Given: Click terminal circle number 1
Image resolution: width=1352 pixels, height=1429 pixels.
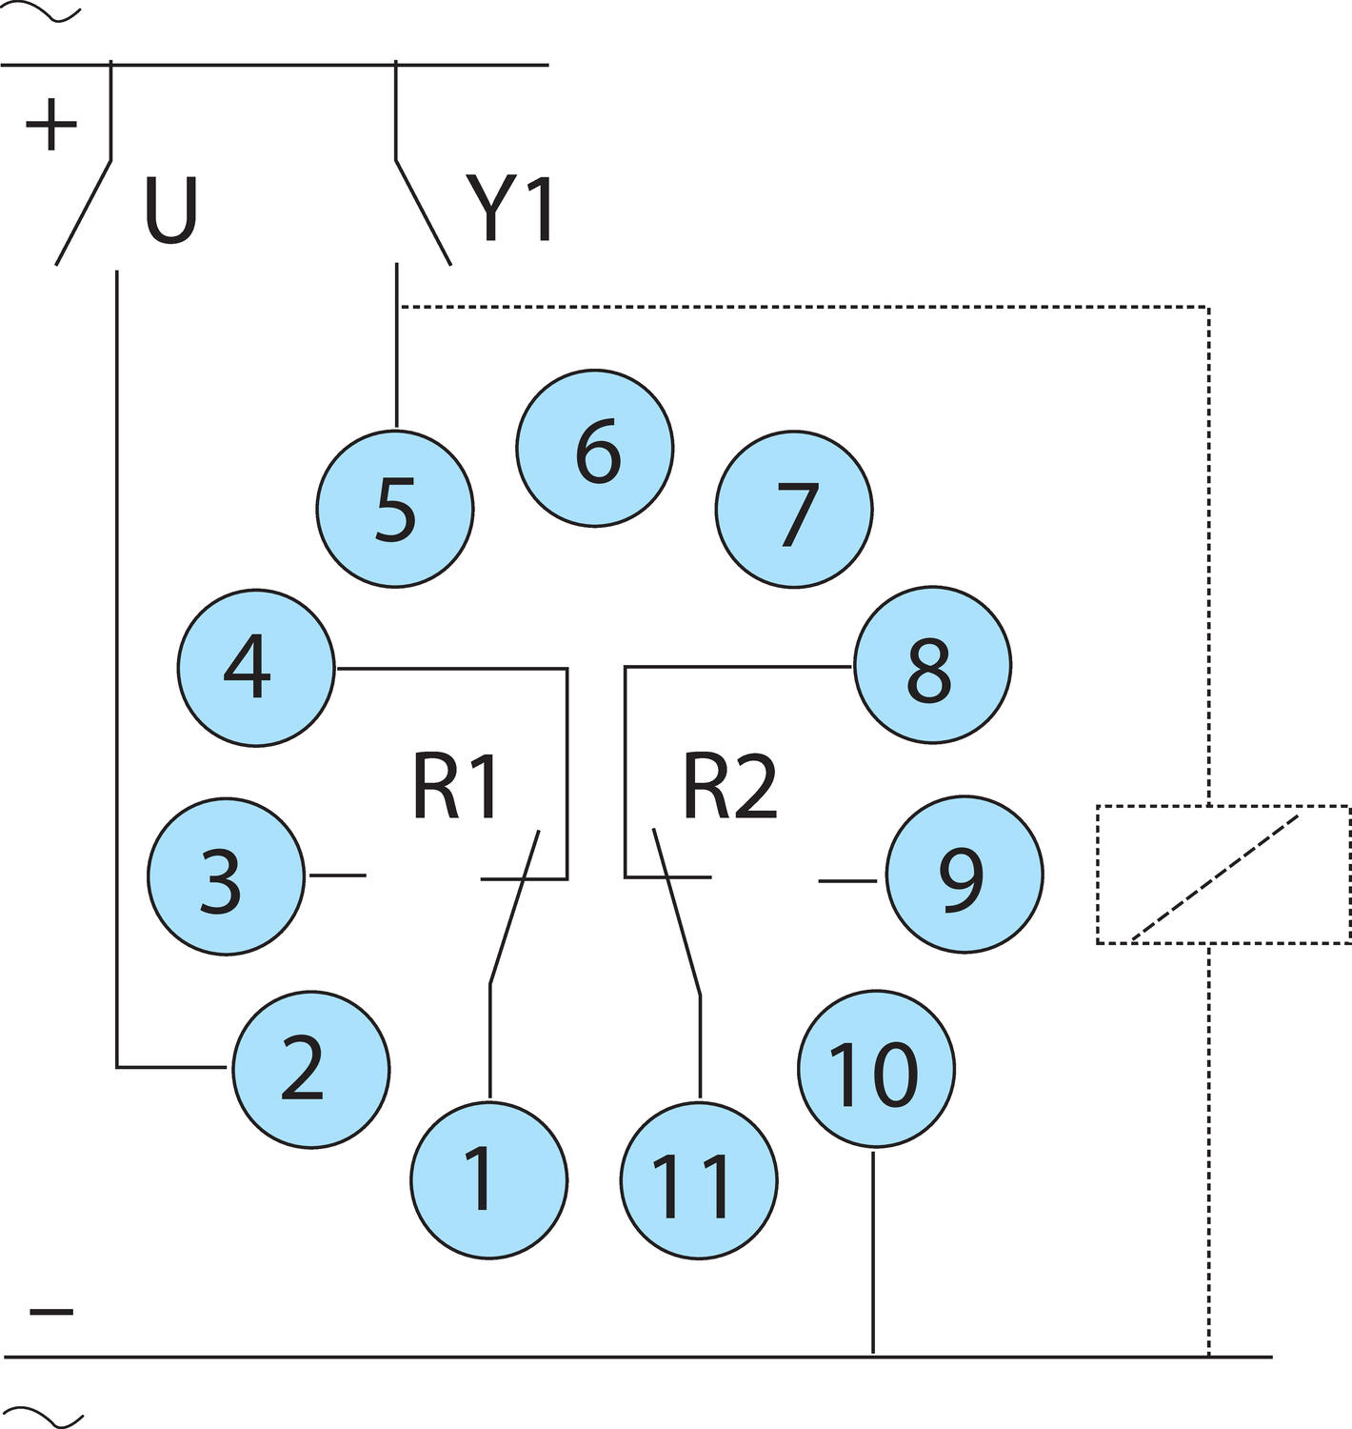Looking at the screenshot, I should click(x=488, y=1179).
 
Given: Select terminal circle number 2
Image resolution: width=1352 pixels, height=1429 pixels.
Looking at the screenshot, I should click(x=311, y=1069).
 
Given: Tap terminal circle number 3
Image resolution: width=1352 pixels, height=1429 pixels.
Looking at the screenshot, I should click(x=226, y=876).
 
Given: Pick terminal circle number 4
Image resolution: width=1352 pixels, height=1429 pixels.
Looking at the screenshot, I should click(x=256, y=668).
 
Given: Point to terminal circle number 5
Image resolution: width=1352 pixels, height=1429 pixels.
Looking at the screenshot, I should click(x=395, y=509).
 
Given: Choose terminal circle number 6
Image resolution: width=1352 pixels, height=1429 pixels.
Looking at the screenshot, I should click(x=595, y=448).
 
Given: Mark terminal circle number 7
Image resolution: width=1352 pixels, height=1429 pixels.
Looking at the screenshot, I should click(x=794, y=511).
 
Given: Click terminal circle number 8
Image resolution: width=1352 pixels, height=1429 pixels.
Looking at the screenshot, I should click(x=932, y=666).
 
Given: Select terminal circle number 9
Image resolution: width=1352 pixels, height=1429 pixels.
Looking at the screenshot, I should click(x=964, y=876).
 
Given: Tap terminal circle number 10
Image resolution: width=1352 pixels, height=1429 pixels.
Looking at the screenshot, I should click(x=875, y=1070).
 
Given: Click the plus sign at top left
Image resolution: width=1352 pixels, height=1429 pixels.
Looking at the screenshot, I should click(x=51, y=126).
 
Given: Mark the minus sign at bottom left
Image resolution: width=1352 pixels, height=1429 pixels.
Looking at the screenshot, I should click(x=51, y=1312).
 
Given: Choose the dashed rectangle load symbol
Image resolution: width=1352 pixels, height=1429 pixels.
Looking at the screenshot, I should click(x=1223, y=875).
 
